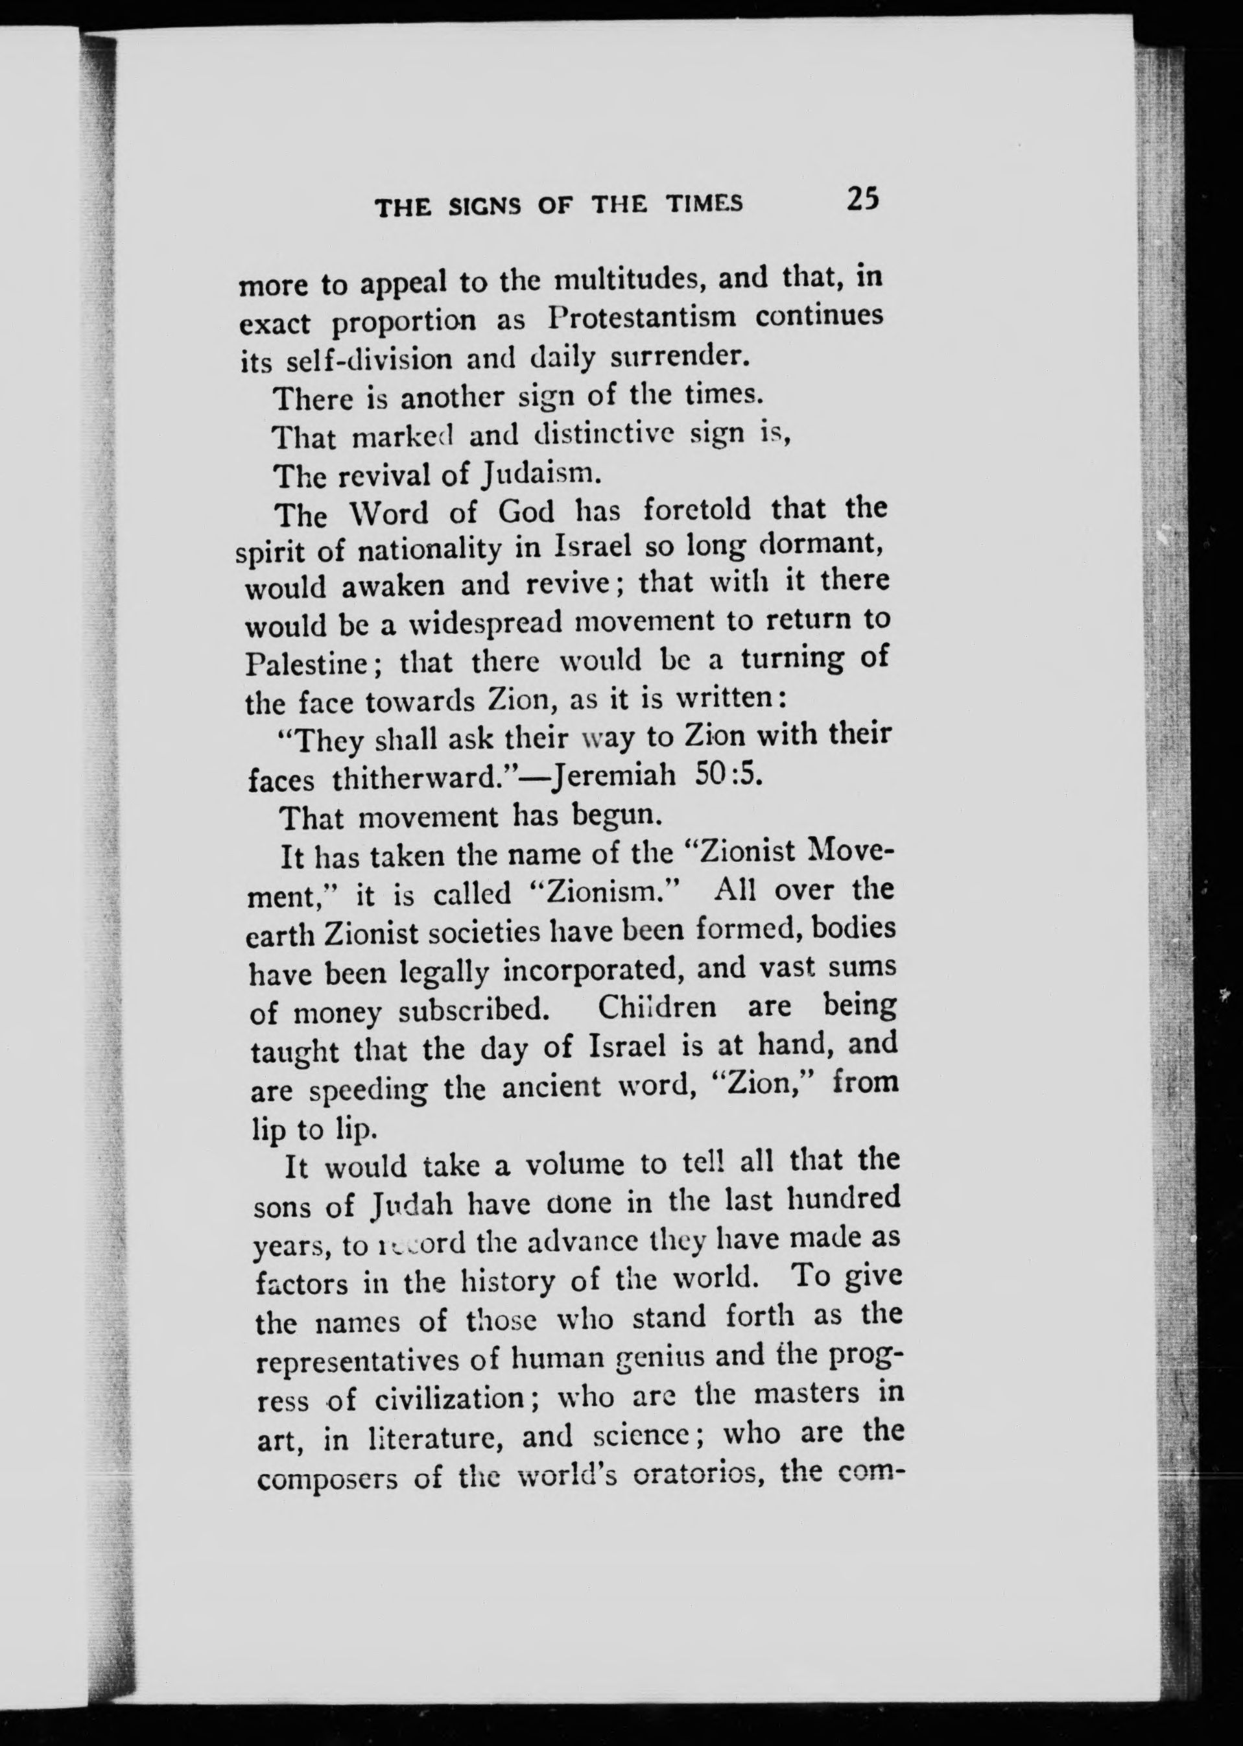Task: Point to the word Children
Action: coord(657,1007)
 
